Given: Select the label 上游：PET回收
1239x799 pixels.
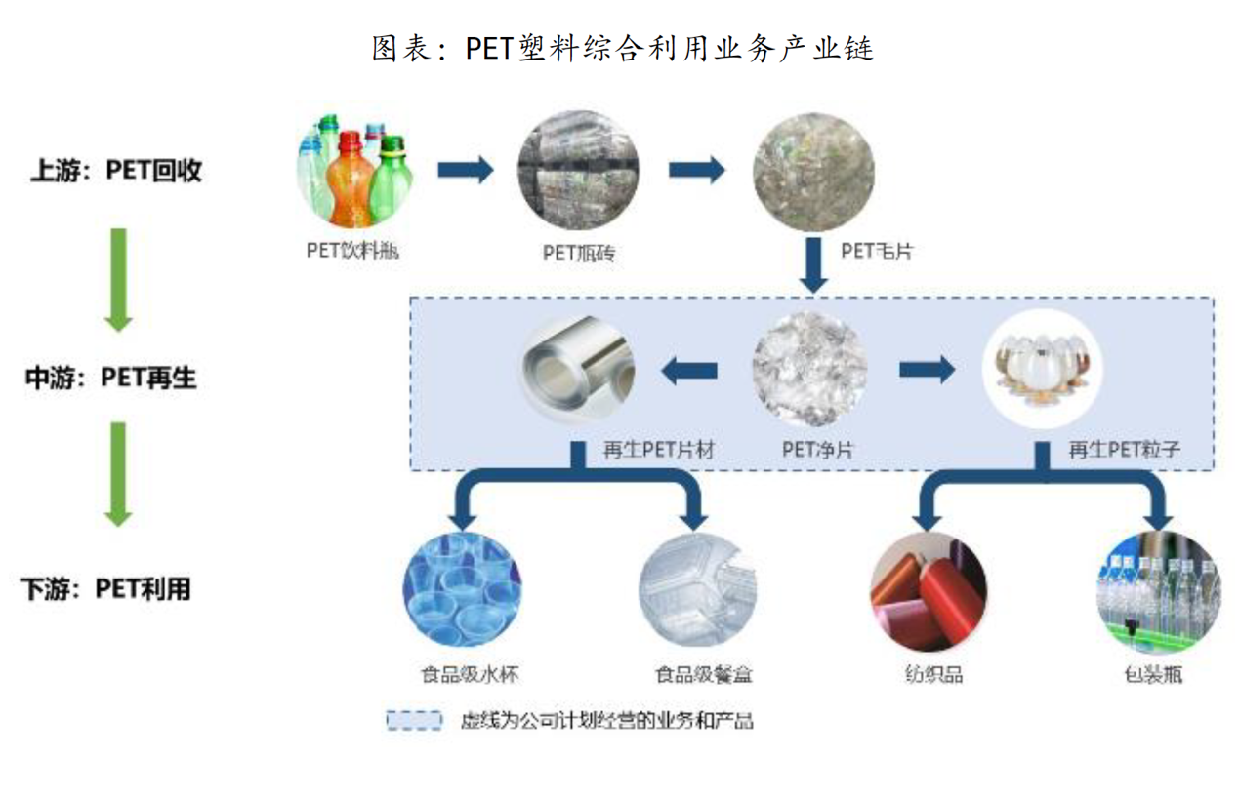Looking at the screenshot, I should point(116,172).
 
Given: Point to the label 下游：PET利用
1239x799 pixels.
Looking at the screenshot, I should point(106,589).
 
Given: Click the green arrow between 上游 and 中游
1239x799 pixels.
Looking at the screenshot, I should point(118,279).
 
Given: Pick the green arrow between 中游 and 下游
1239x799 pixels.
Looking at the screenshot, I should point(118,474).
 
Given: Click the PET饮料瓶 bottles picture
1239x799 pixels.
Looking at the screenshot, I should point(354,171).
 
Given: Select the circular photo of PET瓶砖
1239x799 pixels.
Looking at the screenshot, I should point(579,172).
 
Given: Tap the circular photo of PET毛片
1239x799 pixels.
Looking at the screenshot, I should point(813,172).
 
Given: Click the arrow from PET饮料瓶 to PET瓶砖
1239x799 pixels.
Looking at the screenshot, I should point(465,172).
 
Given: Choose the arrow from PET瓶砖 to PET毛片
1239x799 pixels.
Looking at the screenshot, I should point(696,172).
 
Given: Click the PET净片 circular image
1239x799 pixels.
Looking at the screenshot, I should point(809,370).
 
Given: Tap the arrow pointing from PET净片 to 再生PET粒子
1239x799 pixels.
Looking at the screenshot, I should point(926,370).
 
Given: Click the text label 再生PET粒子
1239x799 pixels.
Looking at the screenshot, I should point(1123,451).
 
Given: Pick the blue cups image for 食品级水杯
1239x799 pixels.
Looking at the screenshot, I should point(462,590).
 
